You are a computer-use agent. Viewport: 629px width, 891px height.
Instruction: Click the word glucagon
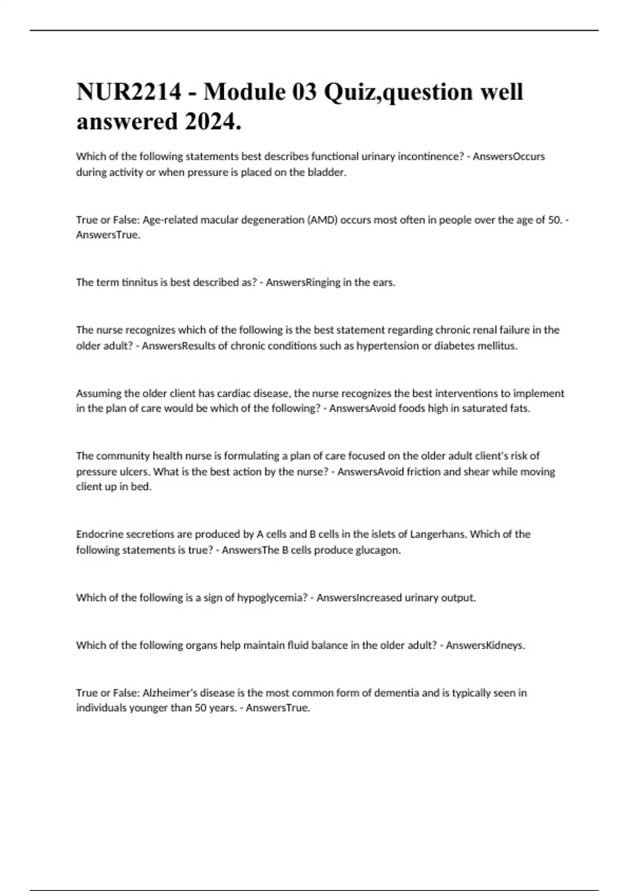coord(378,550)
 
